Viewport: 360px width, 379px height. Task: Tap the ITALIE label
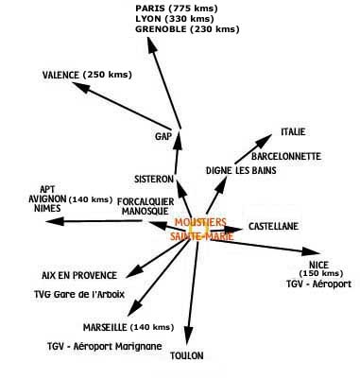pos(294,131)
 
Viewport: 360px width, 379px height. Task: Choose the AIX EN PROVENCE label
pos(80,275)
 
